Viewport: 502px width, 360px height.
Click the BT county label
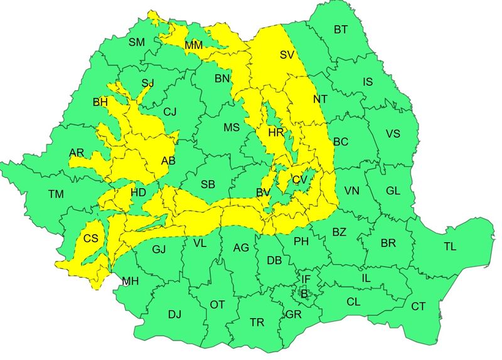(x=341, y=29)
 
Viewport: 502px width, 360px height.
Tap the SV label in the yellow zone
(x=287, y=55)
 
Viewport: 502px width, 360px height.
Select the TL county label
(x=450, y=246)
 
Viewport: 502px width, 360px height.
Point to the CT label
(x=419, y=307)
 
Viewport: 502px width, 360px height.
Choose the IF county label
(x=306, y=278)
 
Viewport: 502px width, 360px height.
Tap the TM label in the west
(x=56, y=195)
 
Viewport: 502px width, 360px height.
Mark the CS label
(x=90, y=238)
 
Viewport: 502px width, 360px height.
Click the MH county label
(x=130, y=281)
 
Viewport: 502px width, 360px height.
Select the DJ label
(x=174, y=314)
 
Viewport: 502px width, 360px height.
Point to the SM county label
(x=136, y=43)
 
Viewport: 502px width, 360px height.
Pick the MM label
(x=193, y=45)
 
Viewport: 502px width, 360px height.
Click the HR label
(x=276, y=133)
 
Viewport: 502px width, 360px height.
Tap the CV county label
(x=299, y=180)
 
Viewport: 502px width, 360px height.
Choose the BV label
(x=264, y=193)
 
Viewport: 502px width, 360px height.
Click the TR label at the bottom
(x=257, y=322)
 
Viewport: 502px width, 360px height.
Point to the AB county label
(x=168, y=161)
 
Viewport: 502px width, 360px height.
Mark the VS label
(x=393, y=134)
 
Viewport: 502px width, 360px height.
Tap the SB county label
(x=208, y=184)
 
